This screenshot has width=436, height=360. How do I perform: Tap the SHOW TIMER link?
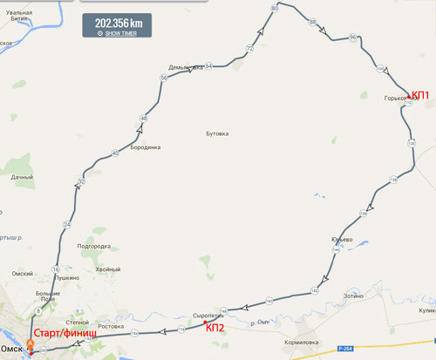[119, 33]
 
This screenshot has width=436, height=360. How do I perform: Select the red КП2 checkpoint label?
[215, 327]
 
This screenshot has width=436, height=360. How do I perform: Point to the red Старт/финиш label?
[64, 334]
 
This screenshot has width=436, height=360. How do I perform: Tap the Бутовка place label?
[216, 133]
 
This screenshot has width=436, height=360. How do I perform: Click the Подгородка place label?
[93, 247]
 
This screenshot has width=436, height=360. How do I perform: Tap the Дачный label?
[22, 178]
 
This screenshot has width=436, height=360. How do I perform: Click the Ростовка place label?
[111, 325]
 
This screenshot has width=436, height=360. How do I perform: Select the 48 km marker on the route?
[143, 118]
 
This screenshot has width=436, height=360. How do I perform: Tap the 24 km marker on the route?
[66, 225]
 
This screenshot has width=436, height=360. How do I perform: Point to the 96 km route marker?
[352, 37]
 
